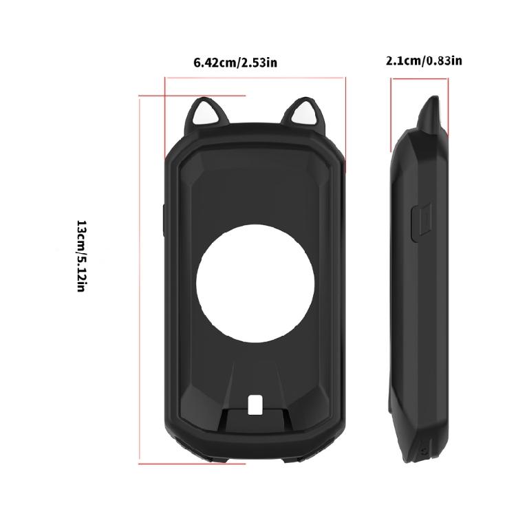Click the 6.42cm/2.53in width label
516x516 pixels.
(x=236, y=63)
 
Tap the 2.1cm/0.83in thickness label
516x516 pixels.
(x=424, y=61)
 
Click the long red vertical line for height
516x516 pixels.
(x=140, y=275)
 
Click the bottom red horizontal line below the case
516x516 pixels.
(x=193, y=463)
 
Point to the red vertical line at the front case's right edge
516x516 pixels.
(x=346, y=124)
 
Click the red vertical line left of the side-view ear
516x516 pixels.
(x=391, y=114)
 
